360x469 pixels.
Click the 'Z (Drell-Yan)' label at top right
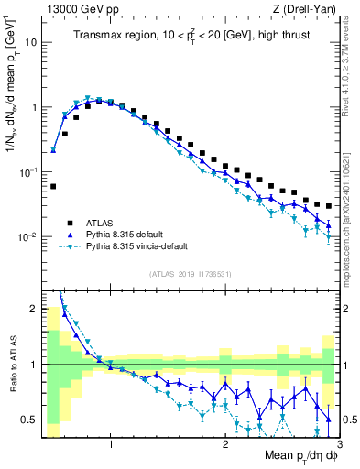pos(307,8)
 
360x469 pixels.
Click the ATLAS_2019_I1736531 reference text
pos(191,274)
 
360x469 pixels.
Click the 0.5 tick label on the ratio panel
pos(29,420)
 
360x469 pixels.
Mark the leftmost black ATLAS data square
pos(53,186)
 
